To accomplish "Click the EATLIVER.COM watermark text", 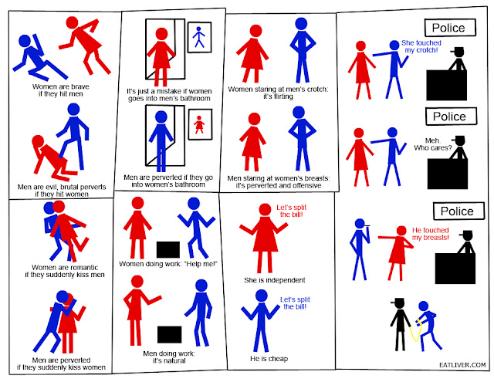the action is pos(462,365).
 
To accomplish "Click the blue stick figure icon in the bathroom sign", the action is pos(199,37).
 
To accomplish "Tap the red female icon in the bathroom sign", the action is pos(199,125).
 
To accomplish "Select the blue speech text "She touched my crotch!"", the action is pos(421,46).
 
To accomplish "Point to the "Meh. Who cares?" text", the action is pos(433,144).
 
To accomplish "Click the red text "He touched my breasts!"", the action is pos(431,234).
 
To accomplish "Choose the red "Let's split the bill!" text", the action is pos(292,211).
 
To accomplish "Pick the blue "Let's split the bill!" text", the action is pos(295,303).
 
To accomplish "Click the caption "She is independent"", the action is pos(275,280).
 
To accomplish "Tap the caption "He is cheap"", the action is pos(269,358).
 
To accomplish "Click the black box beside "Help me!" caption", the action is pos(168,250).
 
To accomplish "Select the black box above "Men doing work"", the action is pos(170,334).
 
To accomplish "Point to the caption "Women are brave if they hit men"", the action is pos(60,90).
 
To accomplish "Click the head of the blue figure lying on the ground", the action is pos(25,41).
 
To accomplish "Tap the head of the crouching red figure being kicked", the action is pos(38,141).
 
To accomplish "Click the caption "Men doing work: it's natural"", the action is pos(169,357).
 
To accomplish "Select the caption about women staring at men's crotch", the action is pos(278,93).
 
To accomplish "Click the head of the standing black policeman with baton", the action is pos(400,304).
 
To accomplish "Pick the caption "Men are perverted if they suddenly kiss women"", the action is pos(61,363).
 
